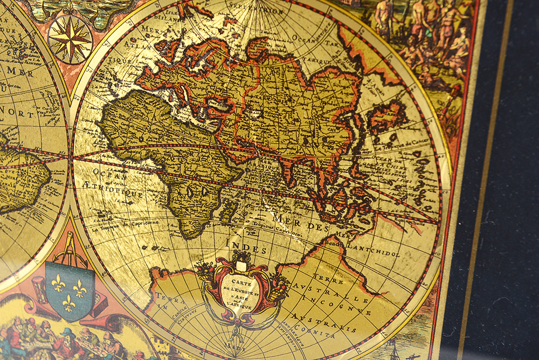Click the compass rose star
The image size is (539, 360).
click(x=70, y=39)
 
